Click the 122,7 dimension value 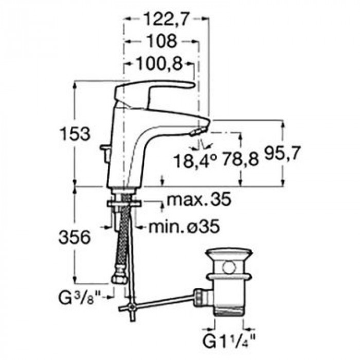point(167,20)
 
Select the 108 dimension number point(162,41)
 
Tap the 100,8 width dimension point(159,64)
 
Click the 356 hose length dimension point(75,237)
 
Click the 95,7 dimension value point(282,153)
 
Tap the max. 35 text point(199,200)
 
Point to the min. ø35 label point(184,227)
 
